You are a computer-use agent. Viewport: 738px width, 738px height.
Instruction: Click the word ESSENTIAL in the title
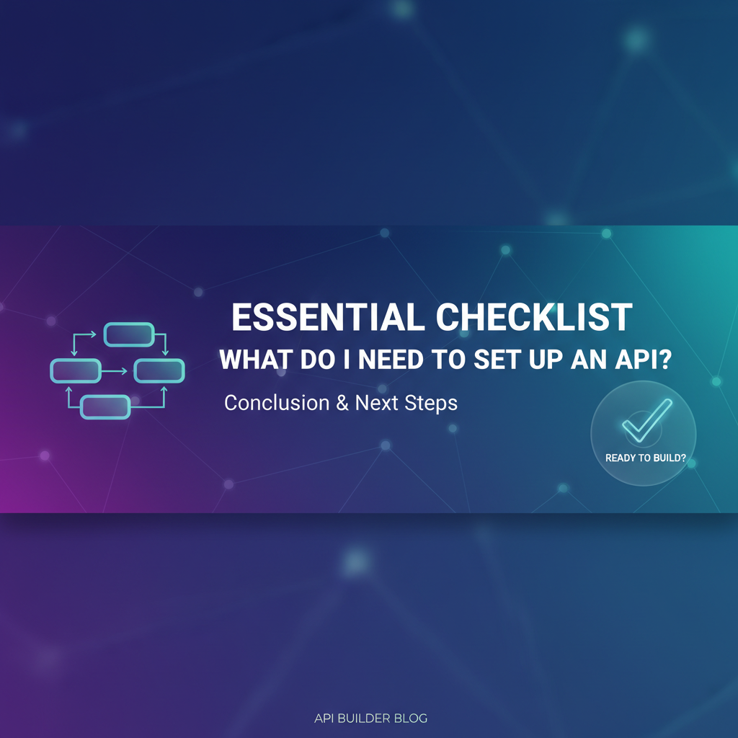click(x=328, y=317)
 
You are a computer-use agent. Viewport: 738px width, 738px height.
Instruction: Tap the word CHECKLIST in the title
click(x=534, y=317)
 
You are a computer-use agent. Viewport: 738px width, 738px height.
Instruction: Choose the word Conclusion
click(x=277, y=403)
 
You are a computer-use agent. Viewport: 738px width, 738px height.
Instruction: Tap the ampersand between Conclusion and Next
click(x=342, y=404)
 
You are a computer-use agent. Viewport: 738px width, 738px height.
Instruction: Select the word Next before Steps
click(x=376, y=403)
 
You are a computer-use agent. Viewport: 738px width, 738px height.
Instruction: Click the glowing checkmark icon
click(x=647, y=420)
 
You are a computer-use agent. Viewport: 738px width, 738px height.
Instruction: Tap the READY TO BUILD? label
click(x=645, y=458)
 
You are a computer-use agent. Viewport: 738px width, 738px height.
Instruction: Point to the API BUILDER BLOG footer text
click(x=371, y=719)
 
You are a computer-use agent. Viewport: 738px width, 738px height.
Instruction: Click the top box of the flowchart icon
click(x=129, y=334)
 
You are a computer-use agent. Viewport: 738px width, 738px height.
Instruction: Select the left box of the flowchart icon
click(x=76, y=370)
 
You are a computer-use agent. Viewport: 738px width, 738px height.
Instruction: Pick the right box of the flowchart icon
click(x=159, y=370)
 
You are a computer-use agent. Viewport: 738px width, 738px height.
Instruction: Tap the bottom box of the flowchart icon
click(x=105, y=407)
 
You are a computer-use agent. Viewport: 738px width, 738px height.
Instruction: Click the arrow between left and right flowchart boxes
click(x=115, y=371)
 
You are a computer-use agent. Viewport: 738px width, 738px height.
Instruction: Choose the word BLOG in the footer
click(x=411, y=719)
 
